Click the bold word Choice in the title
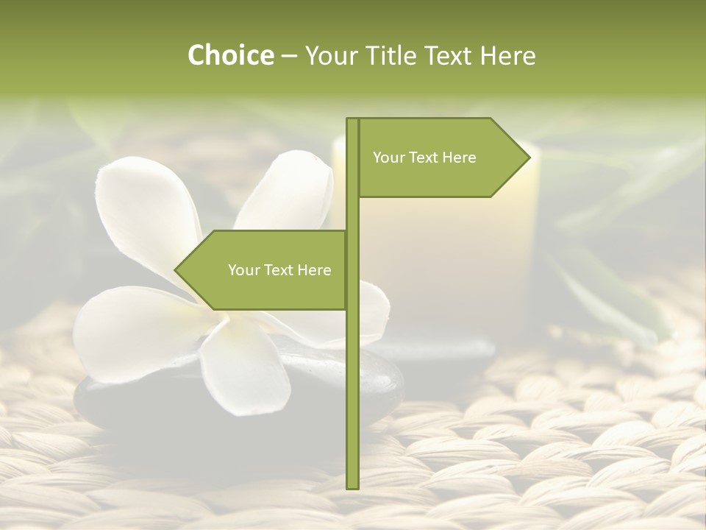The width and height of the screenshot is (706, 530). (x=230, y=55)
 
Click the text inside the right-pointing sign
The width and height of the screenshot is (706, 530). (x=424, y=158)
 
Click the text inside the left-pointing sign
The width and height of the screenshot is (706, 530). (x=279, y=270)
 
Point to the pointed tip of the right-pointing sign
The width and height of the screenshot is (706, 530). (x=529, y=158)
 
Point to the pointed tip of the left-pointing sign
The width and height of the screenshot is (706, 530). (x=176, y=270)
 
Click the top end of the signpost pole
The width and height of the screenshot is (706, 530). (x=352, y=120)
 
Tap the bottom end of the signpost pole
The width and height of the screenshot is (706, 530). (x=352, y=487)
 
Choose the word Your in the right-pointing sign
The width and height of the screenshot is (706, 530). (x=389, y=158)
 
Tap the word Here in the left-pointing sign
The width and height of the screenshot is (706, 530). (x=314, y=270)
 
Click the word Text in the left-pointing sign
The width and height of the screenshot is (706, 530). (x=278, y=270)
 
